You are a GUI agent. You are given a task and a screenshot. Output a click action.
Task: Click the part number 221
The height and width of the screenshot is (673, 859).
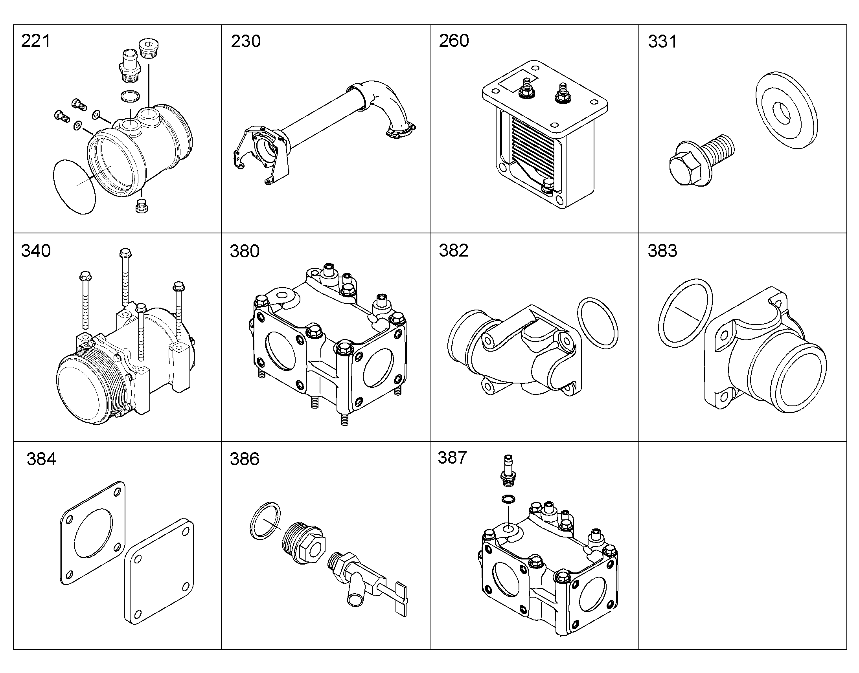pyautogui.click(x=36, y=41)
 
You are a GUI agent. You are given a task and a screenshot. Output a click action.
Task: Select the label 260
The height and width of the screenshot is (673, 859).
pyautogui.click(x=454, y=41)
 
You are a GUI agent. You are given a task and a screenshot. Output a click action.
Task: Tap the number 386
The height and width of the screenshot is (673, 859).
pyautogui.click(x=245, y=459)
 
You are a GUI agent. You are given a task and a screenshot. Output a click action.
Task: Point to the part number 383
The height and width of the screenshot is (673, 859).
pyautogui.click(x=662, y=251)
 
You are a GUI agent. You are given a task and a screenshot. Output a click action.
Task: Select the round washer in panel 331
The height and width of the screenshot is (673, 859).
pyautogui.click(x=786, y=110)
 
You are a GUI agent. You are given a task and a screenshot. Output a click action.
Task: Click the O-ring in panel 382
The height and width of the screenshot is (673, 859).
pyautogui.click(x=598, y=323)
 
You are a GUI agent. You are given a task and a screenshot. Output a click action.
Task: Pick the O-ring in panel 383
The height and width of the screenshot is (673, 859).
pyautogui.click(x=685, y=313)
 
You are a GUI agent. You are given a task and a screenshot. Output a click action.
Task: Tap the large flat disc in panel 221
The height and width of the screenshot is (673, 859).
pyautogui.click(x=74, y=187)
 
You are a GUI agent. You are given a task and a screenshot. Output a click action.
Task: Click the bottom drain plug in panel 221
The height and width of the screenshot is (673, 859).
pyautogui.click(x=142, y=206)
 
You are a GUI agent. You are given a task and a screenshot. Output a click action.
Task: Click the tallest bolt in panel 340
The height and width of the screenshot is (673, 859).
pyautogui.click(x=125, y=277)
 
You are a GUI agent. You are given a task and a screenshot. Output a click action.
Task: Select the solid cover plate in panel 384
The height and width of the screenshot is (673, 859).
pyautogui.click(x=159, y=571)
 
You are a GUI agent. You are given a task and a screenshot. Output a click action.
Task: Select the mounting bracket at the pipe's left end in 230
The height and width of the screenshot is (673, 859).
pyautogui.click(x=260, y=154)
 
